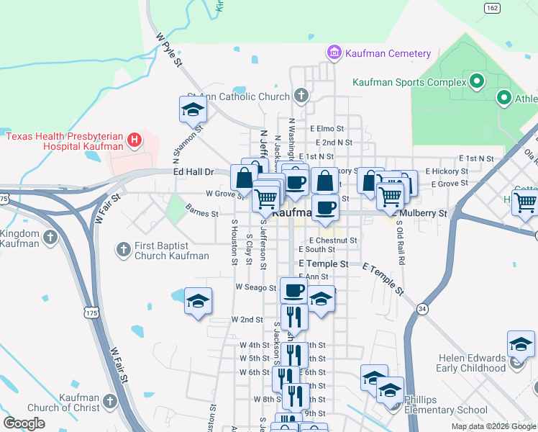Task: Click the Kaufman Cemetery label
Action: coord(388,53)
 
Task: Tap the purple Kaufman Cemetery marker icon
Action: coord(334,53)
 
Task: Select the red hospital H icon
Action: coord(134,141)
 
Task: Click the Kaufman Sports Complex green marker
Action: coord(475,82)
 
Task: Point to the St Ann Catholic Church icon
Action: coord(301,95)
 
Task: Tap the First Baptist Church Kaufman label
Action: coord(171,251)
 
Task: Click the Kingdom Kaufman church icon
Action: coord(50,237)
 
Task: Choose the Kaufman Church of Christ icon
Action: coord(109,400)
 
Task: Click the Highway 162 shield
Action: coord(492,8)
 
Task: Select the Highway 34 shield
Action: coord(422,308)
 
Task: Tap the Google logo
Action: coord(24,423)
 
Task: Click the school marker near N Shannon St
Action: coord(193,109)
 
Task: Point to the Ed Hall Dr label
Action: coord(193,171)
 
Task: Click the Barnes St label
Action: coord(201,213)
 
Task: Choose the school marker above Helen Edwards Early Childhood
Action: coord(521,343)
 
